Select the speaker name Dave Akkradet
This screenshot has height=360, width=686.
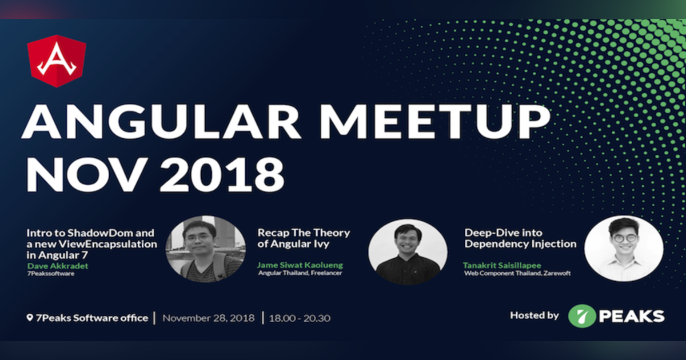57,266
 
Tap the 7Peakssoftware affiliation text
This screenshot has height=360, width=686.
51,274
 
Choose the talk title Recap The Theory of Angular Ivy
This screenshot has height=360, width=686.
304,238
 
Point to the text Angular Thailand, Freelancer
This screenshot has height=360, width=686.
301,273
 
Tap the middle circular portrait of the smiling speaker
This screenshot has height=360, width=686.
408,251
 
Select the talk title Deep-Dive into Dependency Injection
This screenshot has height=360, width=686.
520,238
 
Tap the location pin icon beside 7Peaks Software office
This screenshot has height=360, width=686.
30,318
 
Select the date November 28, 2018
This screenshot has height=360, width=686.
208,318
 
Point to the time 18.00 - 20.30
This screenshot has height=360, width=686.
299,318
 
